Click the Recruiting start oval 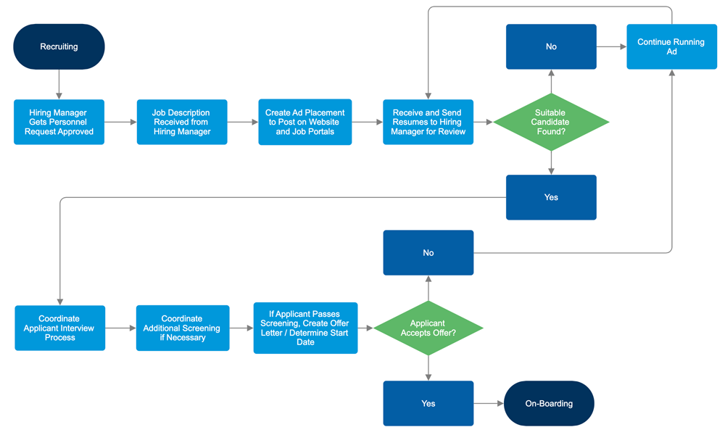[59, 46]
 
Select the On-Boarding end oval [549, 403]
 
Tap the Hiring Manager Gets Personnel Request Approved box [59, 122]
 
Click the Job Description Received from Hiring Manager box [181, 122]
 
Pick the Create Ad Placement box [304, 122]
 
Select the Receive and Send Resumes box [428, 122]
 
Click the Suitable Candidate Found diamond [551, 122]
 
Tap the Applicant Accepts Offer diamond [428, 328]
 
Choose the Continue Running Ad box [671, 46]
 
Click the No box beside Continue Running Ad [551, 46]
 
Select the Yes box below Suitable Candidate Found [551, 197]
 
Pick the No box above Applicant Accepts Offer [428, 252]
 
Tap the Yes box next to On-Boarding [428, 403]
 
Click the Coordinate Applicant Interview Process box [59, 328]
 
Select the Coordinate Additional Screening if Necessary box [183, 328]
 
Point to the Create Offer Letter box [305, 328]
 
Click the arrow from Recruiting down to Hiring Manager [59, 84]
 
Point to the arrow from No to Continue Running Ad [611, 46]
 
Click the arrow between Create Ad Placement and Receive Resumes [367, 122]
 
